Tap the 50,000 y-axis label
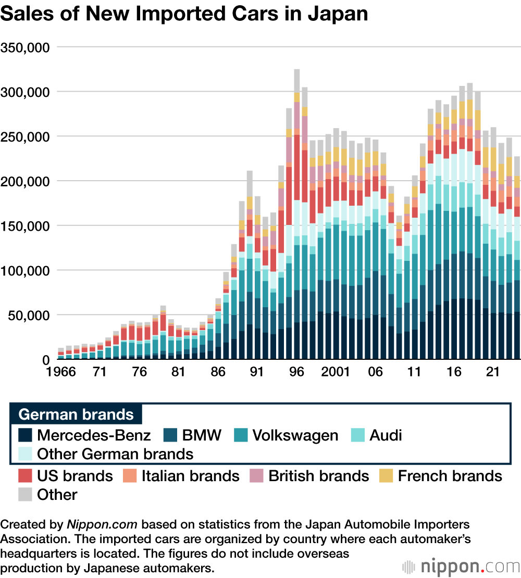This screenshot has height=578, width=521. [x=28, y=315]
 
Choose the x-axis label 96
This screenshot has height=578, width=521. [x=296, y=373]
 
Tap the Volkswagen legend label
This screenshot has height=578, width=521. [x=295, y=435]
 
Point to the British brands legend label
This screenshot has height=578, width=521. [x=318, y=476]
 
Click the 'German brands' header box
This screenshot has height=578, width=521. [x=76, y=414]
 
